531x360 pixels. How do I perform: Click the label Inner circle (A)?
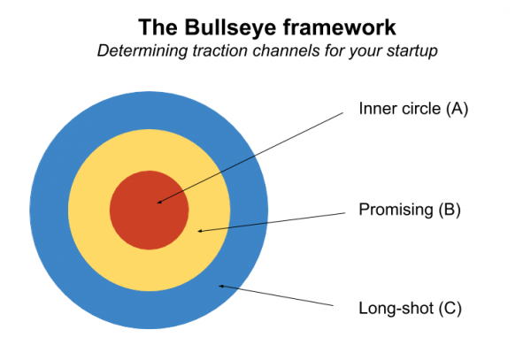click(412, 110)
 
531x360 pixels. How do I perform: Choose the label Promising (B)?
click(410, 210)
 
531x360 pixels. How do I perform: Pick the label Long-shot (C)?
click(410, 309)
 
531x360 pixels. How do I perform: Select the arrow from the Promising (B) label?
click(274, 221)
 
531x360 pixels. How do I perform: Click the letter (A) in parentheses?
click(456, 110)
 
